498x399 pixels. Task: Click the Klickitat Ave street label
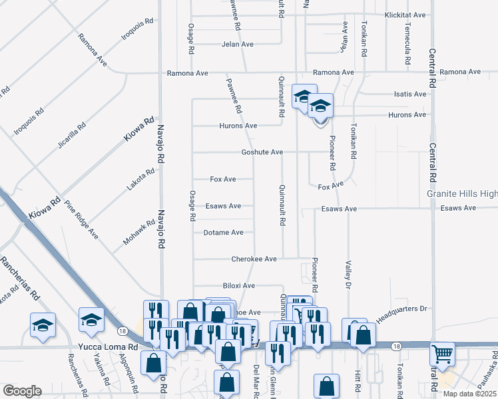click(x=405, y=15)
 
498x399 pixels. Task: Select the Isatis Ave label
click(x=409, y=94)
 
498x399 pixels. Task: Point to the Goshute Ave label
click(x=262, y=152)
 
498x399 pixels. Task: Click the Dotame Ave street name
click(x=224, y=233)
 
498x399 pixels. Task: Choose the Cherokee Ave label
click(x=254, y=259)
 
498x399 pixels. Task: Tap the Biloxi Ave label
click(x=239, y=285)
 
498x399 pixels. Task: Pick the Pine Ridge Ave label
click(x=81, y=219)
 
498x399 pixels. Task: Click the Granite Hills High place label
click(x=462, y=194)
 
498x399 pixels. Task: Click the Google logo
click(x=22, y=391)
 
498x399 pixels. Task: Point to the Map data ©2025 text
click(x=470, y=394)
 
